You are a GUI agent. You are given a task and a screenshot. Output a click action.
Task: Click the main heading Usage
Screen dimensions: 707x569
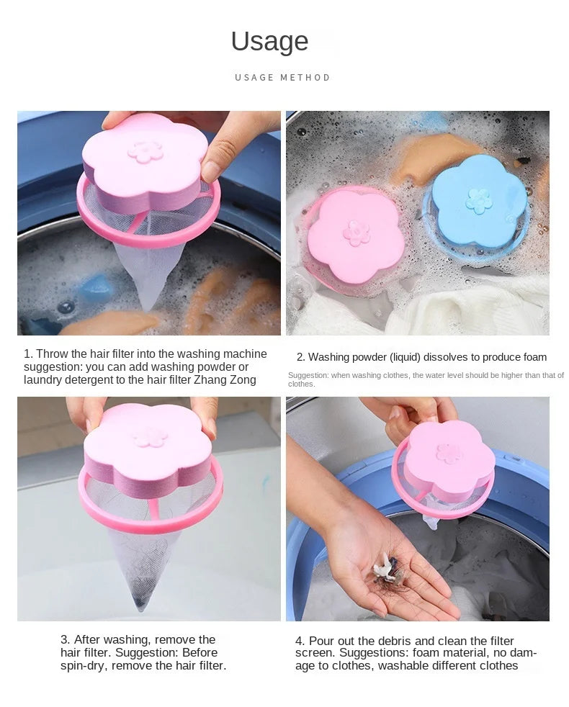pyautogui.click(x=269, y=42)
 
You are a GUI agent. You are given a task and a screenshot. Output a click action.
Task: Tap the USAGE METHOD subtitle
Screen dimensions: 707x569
pyautogui.click(x=282, y=77)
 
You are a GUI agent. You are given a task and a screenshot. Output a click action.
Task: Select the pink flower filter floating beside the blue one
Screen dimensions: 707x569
pyautogui.click(x=355, y=235)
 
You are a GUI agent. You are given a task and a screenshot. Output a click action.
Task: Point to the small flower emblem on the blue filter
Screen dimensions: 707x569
pyautogui.click(x=478, y=201)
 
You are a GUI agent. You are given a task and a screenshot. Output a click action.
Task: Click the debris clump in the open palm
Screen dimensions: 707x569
pyautogui.click(x=388, y=571)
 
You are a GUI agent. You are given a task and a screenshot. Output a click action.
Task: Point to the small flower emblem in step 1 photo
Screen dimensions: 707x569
pyautogui.click(x=145, y=151)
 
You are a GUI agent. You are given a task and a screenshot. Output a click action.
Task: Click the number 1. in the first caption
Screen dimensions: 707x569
pyautogui.click(x=28, y=354)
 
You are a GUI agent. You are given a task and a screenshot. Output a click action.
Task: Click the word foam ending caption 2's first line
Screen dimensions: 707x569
pyautogui.click(x=532, y=357)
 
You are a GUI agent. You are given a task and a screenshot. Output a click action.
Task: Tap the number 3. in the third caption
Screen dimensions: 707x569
pyautogui.click(x=65, y=640)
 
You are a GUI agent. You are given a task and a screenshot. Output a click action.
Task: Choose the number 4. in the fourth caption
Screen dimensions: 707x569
pyautogui.click(x=300, y=641)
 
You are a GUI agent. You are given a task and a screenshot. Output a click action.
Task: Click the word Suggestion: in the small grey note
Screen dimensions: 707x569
pyautogui.click(x=308, y=375)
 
